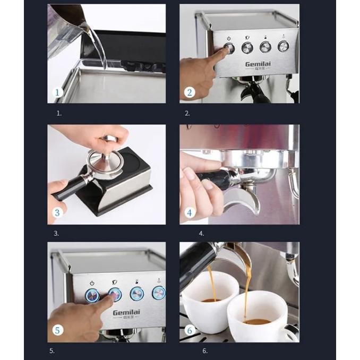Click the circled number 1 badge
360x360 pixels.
[58, 94]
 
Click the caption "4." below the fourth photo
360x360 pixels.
[201, 233]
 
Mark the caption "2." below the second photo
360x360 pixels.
[187, 113]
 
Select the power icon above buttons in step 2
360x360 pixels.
[229, 38]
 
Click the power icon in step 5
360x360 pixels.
[92, 283]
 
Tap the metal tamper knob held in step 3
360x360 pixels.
[108, 140]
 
